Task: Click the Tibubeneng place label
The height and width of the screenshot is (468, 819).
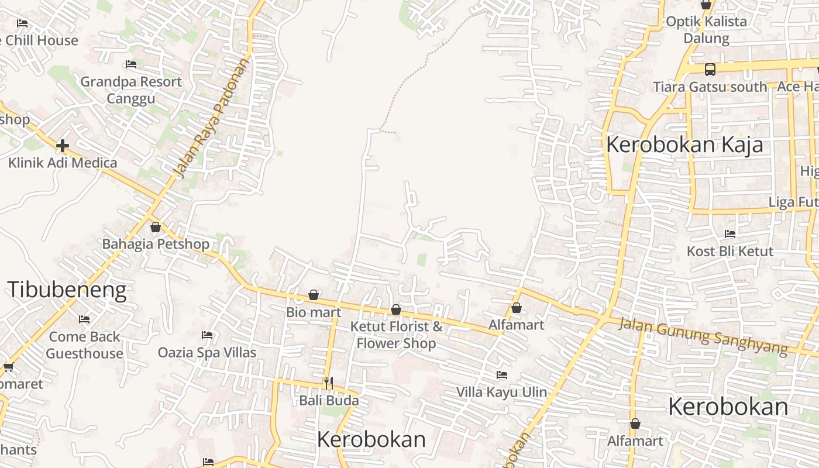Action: (x=67, y=290)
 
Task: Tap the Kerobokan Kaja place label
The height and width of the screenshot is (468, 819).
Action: (x=684, y=144)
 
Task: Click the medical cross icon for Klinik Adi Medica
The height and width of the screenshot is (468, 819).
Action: (x=63, y=145)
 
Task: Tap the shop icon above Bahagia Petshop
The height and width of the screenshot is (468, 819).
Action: (x=156, y=227)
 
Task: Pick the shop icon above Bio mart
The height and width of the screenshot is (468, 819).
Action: (x=314, y=295)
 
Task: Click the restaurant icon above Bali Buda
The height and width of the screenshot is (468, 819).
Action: (x=329, y=383)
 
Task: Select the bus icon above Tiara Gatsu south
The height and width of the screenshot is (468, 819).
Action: (x=710, y=70)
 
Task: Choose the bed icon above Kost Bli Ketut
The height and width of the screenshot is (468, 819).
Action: (x=730, y=234)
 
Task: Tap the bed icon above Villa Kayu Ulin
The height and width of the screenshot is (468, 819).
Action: (x=501, y=375)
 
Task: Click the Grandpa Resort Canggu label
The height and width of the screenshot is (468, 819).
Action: (x=131, y=90)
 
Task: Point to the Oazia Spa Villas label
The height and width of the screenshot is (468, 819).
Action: (x=207, y=353)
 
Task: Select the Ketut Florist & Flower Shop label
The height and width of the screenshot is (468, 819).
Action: (x=396, y=335)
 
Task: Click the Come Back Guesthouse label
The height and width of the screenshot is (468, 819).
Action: (x=84, y=345)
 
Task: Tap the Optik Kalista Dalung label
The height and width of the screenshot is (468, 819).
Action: (x=707, y=30)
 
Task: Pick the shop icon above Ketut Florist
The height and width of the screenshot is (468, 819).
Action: (x=396, y=309)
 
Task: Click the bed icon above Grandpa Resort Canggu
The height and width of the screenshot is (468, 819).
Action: (x=131, y=64)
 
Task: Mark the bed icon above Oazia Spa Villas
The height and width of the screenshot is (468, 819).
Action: (x=207, y=335)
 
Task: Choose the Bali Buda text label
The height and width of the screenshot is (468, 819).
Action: (x=329, y=401)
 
